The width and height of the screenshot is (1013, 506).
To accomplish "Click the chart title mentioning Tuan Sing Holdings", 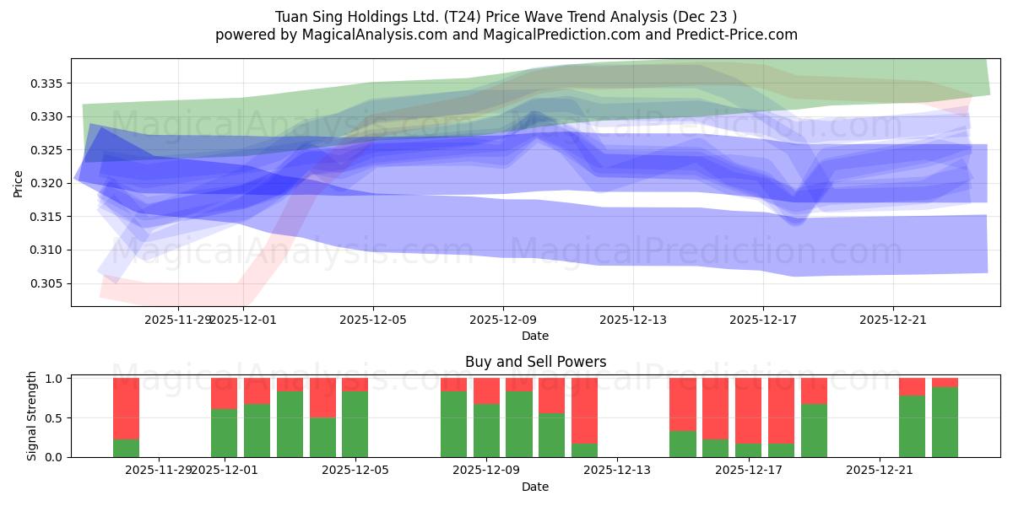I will (x=506, y=17).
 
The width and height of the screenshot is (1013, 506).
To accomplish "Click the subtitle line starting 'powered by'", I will (x=506, y=35).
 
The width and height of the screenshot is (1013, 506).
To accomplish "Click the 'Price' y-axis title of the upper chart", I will (x=19, y=183).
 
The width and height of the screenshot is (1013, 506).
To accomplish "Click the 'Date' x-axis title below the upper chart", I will (x=535, y=336).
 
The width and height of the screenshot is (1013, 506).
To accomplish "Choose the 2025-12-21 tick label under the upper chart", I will (x=893, y=320).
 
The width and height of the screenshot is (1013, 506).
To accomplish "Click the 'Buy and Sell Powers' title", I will (x=535, y=362).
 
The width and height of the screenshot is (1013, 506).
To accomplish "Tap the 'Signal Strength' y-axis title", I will (x=32, y=416).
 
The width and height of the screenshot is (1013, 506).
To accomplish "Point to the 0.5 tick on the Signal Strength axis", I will (x=53, y=418).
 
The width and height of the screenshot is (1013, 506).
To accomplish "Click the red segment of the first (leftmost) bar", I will (x=126, y=408).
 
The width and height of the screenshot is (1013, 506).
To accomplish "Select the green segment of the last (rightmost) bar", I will (x=945, y=422).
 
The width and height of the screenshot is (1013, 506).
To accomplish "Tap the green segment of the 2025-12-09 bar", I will (x=486, y=430).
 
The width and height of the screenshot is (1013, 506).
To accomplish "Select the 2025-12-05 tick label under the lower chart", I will (x=355, y=471).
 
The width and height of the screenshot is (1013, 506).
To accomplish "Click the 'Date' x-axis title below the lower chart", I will (x=535, y=487).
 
